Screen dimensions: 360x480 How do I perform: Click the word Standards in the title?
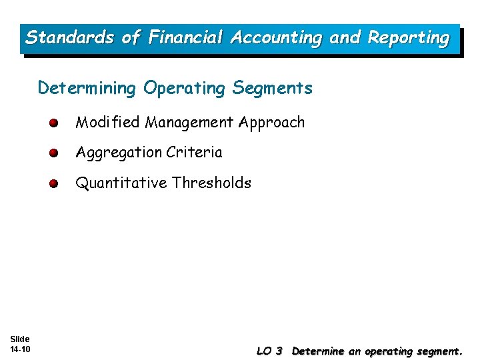(69, 38)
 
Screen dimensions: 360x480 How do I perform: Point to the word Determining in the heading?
(88, 89)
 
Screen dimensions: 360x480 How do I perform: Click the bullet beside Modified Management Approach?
(53, 123)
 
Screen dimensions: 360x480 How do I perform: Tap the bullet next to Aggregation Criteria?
(53, 153)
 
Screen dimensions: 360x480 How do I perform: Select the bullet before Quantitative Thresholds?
(53, 183)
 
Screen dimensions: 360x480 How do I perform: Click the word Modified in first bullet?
(108, 123)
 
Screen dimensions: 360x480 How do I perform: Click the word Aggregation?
(119, 153)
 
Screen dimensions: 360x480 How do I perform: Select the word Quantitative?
(121, 183)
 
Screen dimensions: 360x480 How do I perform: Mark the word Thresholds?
(211, 183)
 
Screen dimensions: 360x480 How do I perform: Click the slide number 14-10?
(20, 349)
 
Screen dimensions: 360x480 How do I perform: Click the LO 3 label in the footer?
(269, 351)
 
